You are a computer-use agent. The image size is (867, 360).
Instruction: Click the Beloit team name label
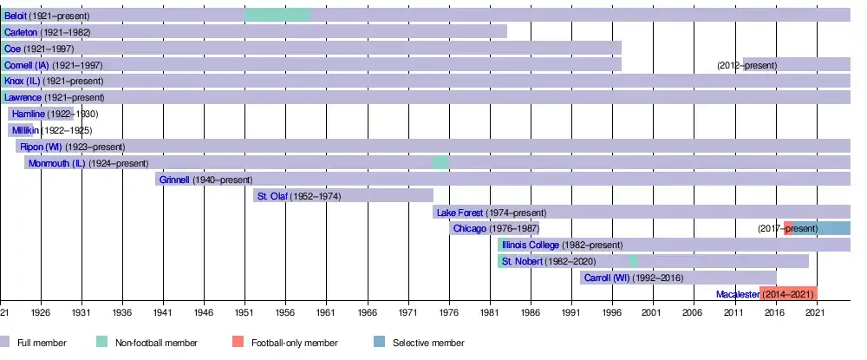[16, 16]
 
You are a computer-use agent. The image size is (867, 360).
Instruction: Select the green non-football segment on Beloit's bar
[277, 15]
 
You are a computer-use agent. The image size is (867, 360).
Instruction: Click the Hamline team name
[27, 114]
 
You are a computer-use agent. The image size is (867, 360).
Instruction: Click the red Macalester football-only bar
[788, 294]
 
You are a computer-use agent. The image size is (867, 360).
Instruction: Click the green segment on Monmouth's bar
[440, 163]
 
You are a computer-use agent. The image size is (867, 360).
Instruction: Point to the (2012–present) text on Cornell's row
[747, 65]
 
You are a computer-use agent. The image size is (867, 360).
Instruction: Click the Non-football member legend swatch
[102, 343]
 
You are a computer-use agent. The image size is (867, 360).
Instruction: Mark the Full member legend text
[42, 344]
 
